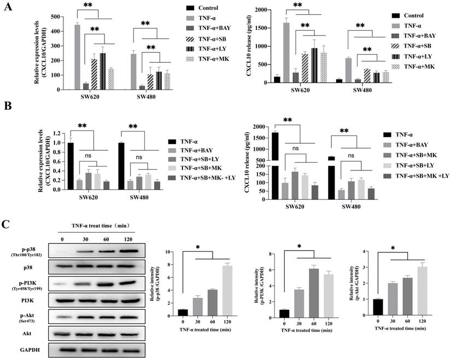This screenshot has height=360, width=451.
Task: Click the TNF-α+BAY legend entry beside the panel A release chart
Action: tap(418, 34)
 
